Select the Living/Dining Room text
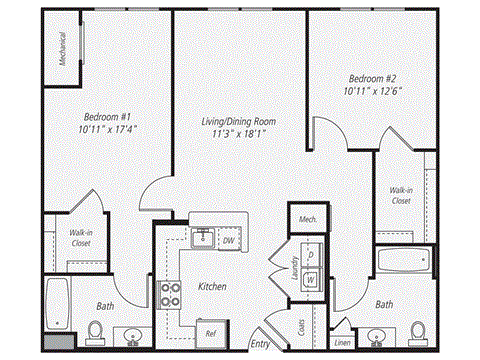(238, 122)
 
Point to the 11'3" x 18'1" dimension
(238, 135)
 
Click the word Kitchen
(212, 287)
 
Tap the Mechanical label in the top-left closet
(62, 47)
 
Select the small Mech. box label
(303, 217)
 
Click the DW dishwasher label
(229, 241)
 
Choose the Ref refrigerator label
(211, 332)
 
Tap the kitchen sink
(202, 238)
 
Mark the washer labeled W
(311, 279)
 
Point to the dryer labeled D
(311, 256)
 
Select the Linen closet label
(342, 343)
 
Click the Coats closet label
(301, 326)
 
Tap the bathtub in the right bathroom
(403, 262)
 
